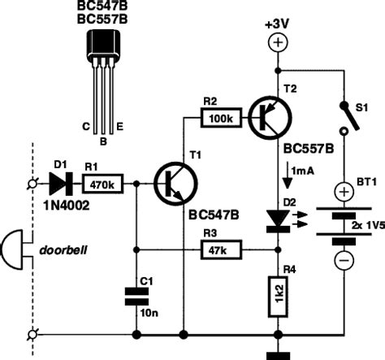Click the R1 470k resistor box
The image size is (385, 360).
click(x=102, y=184)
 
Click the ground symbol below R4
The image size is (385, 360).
click(x=278, y=353)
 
